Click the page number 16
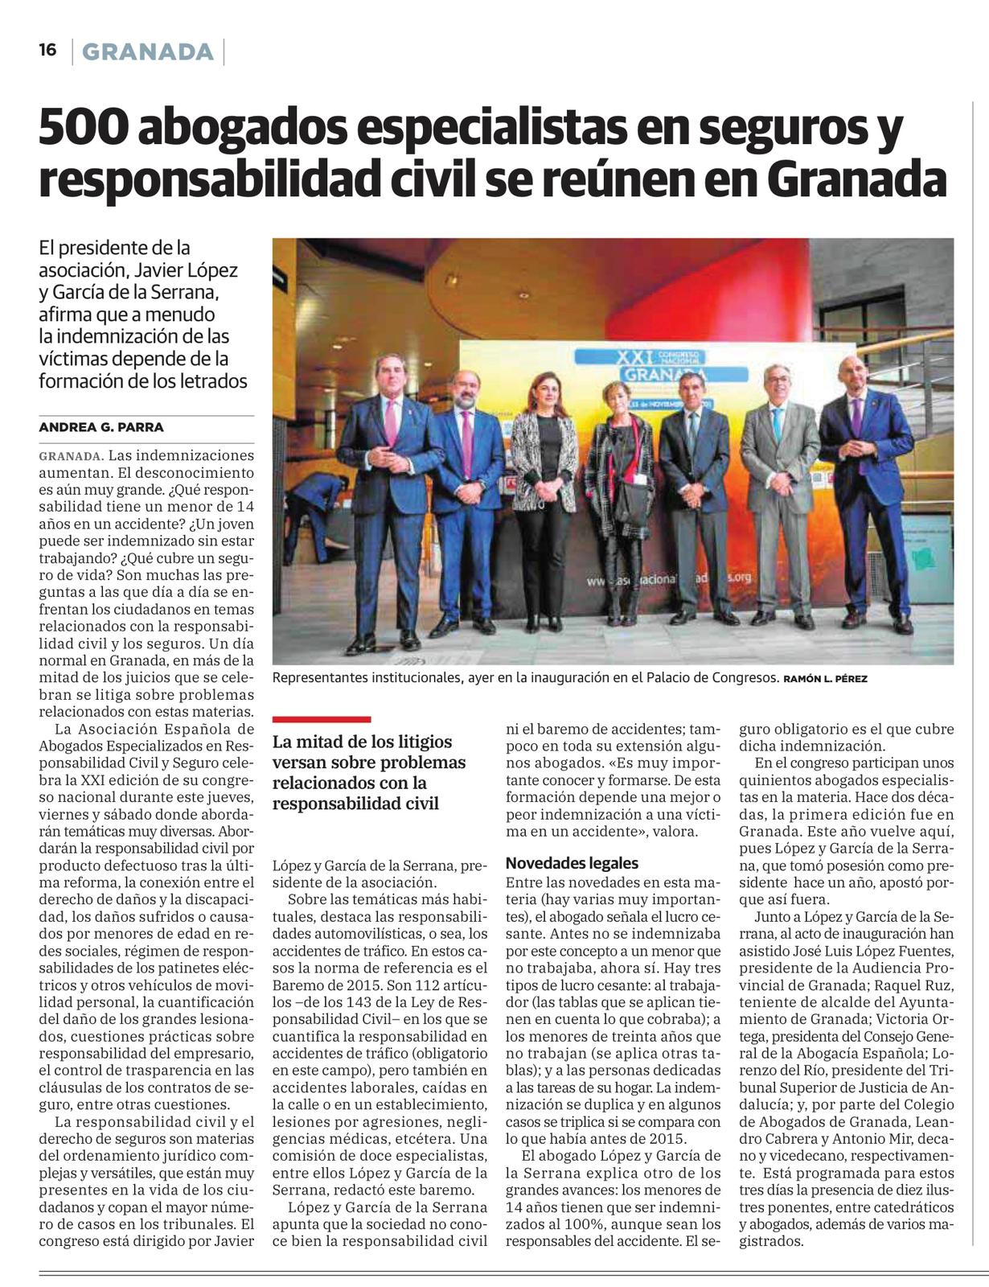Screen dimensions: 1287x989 coord(47,50)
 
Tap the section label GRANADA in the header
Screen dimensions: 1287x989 coord(148,52)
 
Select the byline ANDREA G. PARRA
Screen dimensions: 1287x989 coord(101,427)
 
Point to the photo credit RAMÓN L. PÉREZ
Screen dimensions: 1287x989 coord(825,679)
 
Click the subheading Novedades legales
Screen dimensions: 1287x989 coord(572,863)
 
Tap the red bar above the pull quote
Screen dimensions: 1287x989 coord(322,719)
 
